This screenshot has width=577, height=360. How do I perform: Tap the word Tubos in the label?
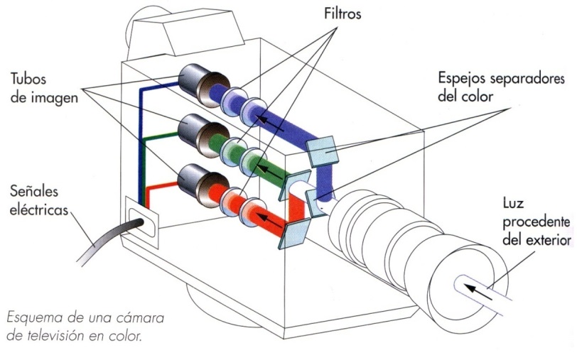32,77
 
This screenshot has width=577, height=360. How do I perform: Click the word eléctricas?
40,210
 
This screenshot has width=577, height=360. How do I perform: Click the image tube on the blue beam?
195,84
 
